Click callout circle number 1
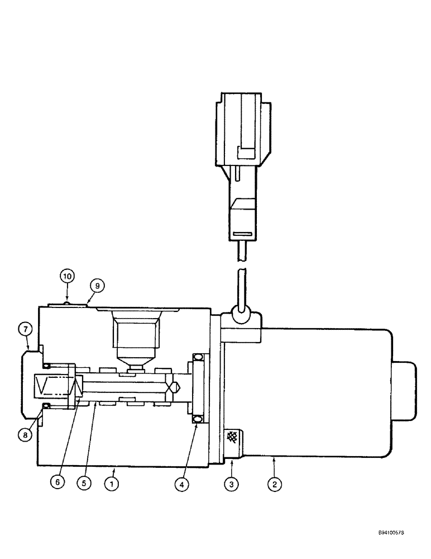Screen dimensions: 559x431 tap(113, 485)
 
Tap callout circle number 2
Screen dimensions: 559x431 tap(274, 485)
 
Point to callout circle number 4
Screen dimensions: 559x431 tap(180, 485)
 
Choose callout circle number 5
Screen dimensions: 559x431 tap(84, 485)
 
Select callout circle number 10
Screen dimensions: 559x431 tap(67, 276)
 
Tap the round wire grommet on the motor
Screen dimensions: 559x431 tap(241, 316)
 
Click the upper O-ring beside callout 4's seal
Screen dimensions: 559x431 tap(197, 357)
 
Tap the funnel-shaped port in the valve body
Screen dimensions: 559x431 tap(136, 338)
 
